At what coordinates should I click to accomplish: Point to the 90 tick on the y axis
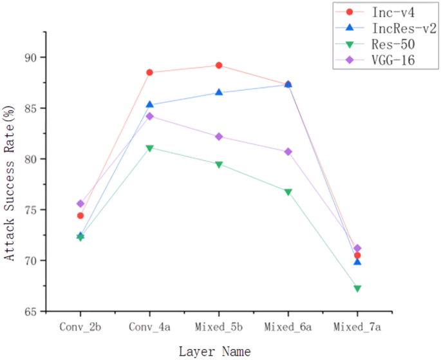[x=30, y=57]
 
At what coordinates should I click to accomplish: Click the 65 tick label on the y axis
[x=30, y=311]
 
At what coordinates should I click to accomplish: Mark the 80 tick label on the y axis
[x=30, y=159]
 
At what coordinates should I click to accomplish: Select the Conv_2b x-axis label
[x=80, y=328]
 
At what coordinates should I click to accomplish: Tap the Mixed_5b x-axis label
[x=219, y=328]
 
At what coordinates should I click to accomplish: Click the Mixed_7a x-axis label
[x=357, y=328]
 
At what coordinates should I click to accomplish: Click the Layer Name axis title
[x=214, y=350]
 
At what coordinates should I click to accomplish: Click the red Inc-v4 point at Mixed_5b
[x=219, y=65]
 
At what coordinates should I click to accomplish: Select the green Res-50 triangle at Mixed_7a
[x=357, y=289]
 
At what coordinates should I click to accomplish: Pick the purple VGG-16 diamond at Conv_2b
[x=80, y=204]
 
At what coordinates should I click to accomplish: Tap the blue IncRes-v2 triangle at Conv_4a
[x=149, y=104]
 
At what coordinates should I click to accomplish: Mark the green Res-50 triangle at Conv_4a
[x=149, y=148]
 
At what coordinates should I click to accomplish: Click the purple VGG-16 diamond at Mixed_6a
[x=288, y=152]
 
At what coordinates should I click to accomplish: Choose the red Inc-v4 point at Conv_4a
[x=149, y=72]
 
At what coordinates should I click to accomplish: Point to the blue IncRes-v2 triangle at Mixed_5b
[x=219, y=92]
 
